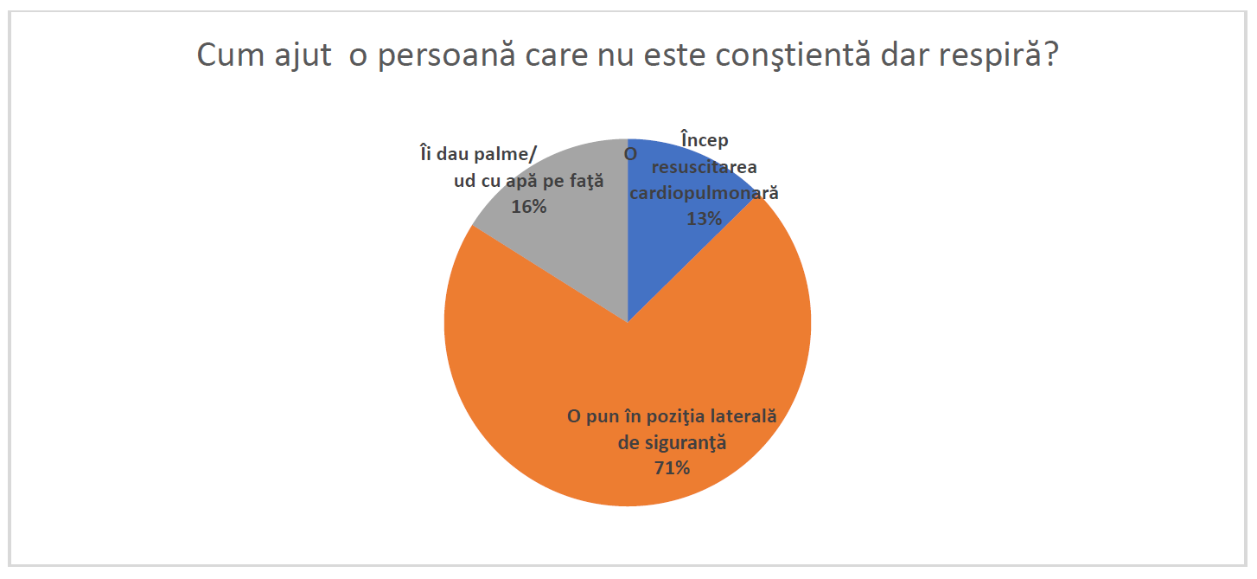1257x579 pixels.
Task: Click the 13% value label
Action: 704,219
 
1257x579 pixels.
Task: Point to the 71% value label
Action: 672,468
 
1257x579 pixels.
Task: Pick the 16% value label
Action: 528,207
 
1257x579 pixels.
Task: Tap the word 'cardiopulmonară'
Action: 704,193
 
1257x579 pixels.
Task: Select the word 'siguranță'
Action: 683,442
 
